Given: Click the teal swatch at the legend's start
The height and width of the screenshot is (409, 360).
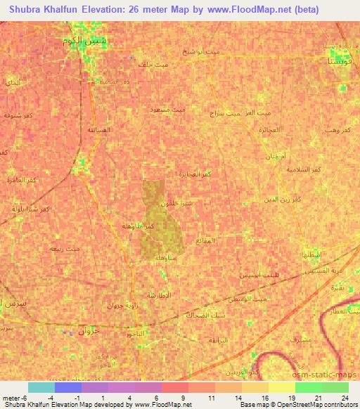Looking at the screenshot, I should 41,387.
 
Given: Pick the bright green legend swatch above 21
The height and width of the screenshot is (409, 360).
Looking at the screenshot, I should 308,387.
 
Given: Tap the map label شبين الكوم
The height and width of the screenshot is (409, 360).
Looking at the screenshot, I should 84,41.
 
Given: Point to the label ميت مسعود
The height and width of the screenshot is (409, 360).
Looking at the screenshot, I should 169,110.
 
